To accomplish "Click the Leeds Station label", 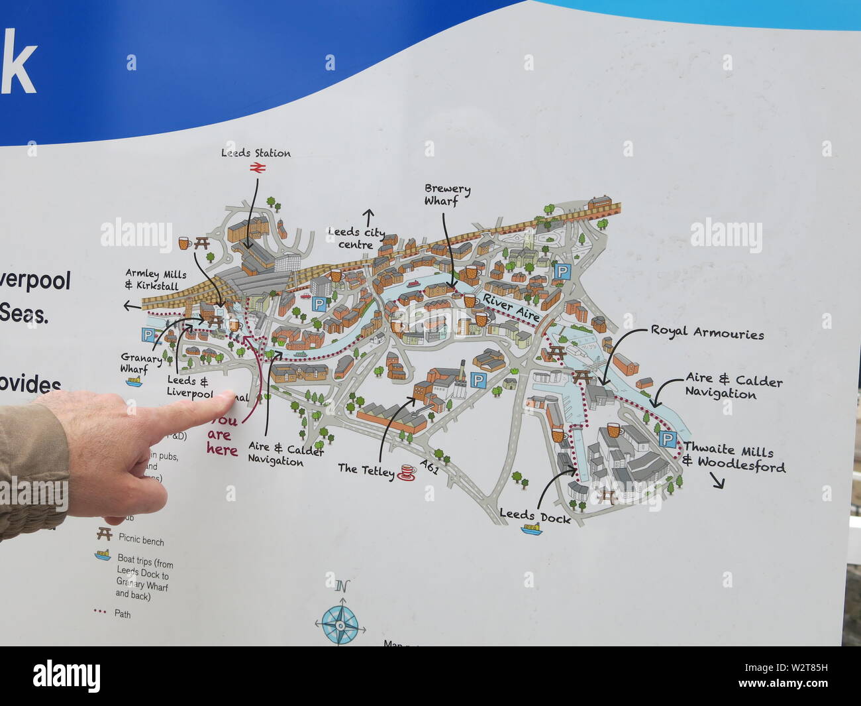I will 256,153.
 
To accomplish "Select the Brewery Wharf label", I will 448,195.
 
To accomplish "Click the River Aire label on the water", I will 511,308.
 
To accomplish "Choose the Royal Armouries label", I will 707,333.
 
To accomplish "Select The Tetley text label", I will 366,469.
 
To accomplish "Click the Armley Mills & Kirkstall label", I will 156,280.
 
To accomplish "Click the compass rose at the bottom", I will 340,623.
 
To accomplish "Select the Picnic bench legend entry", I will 141,541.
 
